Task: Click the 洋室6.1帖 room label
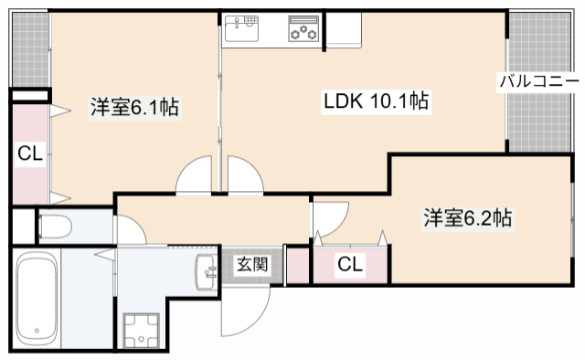pos(133,107)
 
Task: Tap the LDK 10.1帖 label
pos(376,101)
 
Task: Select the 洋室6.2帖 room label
pos(466,218)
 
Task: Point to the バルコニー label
pos(538,81)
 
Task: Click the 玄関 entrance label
pos(252,265)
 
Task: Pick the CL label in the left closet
pos(29,154)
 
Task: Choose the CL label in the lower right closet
pos(349,265)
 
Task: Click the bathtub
pos(37,298)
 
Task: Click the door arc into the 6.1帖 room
pos(194,175)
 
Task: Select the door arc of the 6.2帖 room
pos(331,217)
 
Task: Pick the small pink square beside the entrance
pos(298,265)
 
